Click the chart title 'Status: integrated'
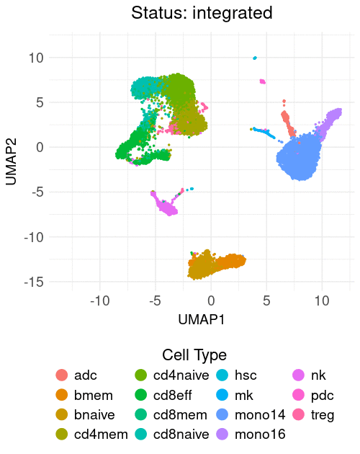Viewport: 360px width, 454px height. click(x=202, y=13)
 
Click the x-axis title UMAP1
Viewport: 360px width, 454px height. click(x=202, y=320)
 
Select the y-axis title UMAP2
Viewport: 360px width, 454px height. click(x=11, y=161)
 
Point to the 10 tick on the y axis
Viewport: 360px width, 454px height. click(x=36, y=58)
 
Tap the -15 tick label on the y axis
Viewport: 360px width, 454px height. click(x=34, y=282)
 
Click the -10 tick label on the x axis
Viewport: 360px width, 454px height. click(x=100, y=301)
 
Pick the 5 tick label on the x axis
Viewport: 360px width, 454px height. click(x=266, y=301)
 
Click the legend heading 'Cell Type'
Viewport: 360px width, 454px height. click(x=194, y=355)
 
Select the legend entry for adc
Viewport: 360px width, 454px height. click(x=76, y=375)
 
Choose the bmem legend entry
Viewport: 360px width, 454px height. click(x=84, y=395)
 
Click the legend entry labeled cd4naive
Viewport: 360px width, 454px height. click(x=172, y=375)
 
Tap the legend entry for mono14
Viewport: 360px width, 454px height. click(x=251, y=415)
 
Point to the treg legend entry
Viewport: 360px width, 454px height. click(x=313, y=415)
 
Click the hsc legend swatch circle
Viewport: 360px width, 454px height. click(x=222, y=375)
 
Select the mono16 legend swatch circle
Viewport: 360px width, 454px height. click(x=222, y=435)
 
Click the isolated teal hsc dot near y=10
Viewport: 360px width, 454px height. click(x=255, y=58)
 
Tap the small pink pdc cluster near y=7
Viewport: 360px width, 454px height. click(x=263, y=81)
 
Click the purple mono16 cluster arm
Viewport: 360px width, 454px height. click(x=328, y=123)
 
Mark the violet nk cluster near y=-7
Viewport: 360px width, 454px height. click(x=163, y=204)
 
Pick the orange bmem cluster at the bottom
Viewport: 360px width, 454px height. click(x=230, y=262)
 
